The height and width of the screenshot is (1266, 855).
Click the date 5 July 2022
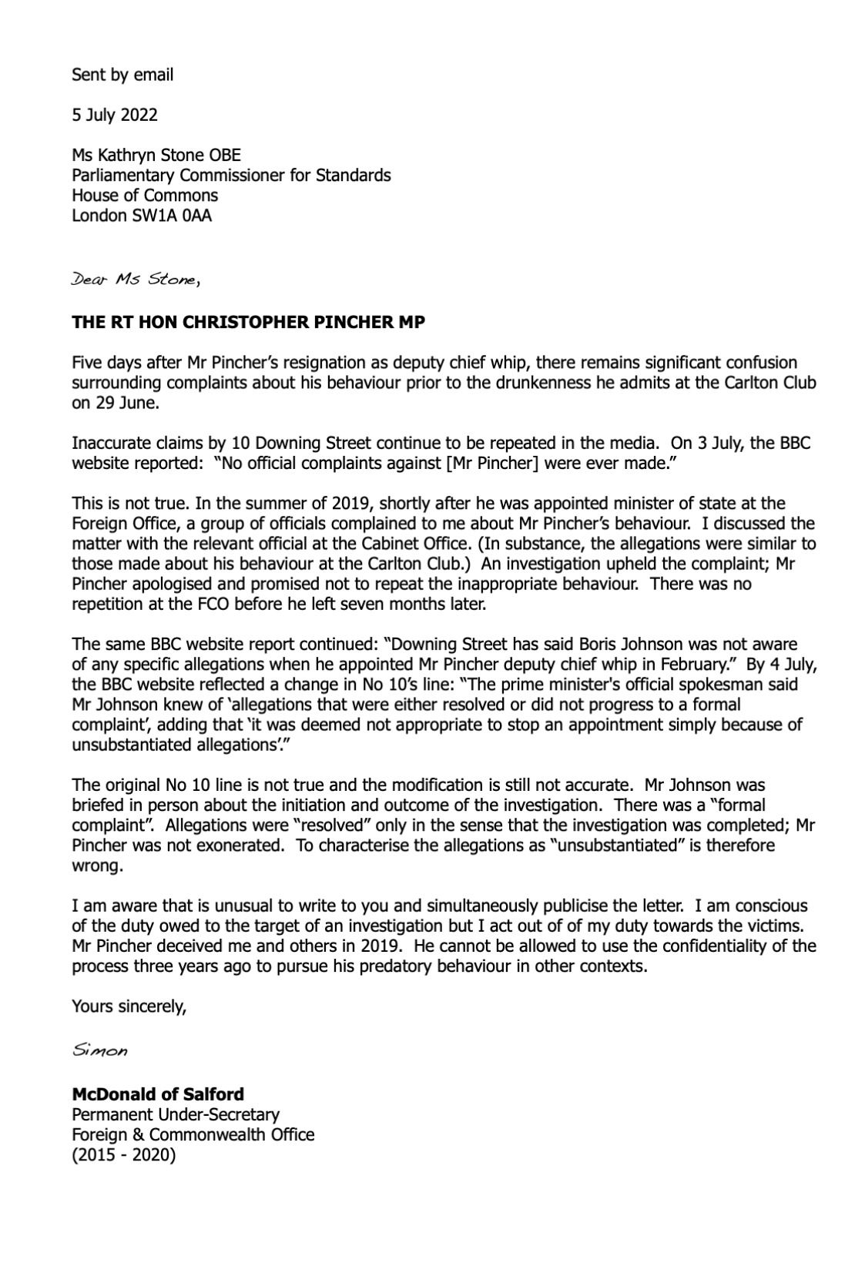tap(114, 115)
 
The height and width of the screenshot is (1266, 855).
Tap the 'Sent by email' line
tap(122, 75)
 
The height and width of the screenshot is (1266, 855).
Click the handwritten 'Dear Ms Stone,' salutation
tap(136, 280)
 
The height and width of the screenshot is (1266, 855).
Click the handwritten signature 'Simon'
tap(99, 1050)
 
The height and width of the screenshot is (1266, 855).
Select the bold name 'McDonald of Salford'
tap(157, 1094)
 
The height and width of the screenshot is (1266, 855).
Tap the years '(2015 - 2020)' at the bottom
tap(123, 1155)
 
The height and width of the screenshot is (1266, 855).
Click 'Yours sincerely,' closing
tap(129, 1006)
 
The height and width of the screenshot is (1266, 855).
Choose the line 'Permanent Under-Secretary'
tap(175, 1114)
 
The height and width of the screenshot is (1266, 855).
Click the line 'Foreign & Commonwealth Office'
tap(193, 1134)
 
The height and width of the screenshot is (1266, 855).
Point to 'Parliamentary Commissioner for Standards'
tap(230, 175)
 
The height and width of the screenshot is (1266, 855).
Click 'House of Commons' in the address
tap(144, 195)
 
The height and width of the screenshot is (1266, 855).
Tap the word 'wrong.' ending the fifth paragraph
tap(97, 866)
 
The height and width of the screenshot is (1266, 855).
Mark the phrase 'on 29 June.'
tap(115, 403)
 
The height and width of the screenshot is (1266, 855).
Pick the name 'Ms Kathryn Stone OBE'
tap(156, 155)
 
